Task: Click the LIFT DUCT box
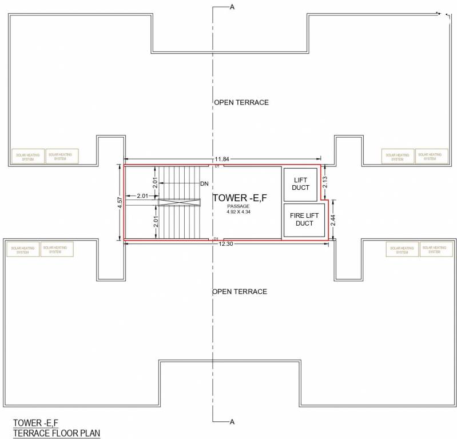click(300, 184)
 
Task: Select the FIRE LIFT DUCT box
click(304, 219)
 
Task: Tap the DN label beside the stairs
click(204, 183)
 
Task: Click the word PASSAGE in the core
click(239, 206)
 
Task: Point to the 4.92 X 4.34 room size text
click(239, 211)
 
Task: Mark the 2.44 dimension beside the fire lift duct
click(334, 219)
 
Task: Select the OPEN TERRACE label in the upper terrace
click(241, 102)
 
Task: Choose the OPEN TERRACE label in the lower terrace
click(240, 292)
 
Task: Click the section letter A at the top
click(232, 7)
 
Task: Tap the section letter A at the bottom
click(232, 422)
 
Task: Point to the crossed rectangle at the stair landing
click(180, 202)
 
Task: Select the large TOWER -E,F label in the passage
click(240, 198)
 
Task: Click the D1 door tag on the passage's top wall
click(217, 166)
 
